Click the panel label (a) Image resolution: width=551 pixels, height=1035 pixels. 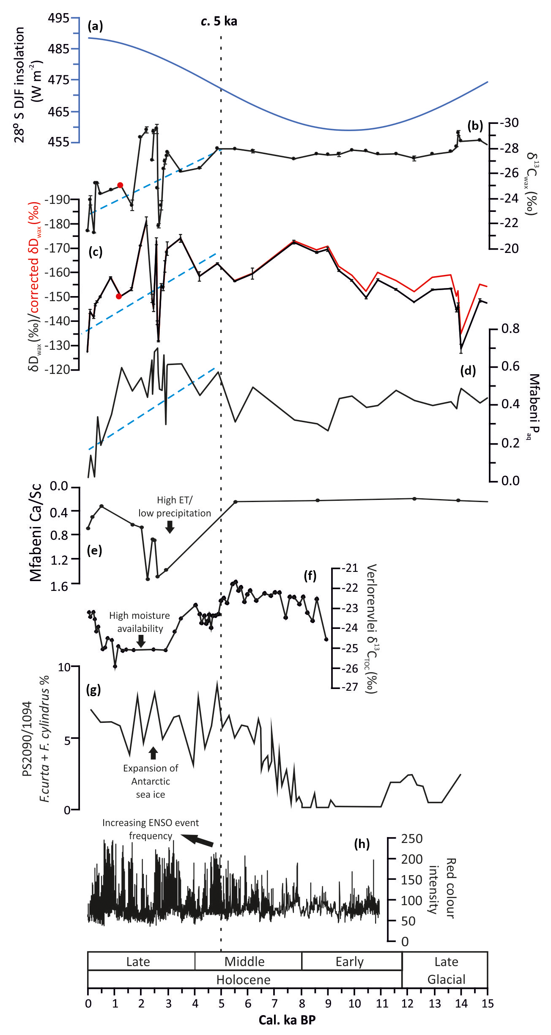click(x=95, y=26)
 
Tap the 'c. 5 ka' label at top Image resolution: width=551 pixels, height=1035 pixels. click(x=219, y=21)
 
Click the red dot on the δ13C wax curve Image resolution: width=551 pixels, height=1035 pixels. click(x=120, y=185)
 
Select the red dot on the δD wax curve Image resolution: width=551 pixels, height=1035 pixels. click(x=119, y=296)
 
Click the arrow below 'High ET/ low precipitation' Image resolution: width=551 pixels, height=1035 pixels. click(x=170, y=527)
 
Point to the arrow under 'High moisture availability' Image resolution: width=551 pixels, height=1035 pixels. click(x=141, y=641)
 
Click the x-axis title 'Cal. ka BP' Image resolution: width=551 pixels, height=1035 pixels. click(x=287, y=1020)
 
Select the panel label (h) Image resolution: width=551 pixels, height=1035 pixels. click(x=362, y=844)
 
